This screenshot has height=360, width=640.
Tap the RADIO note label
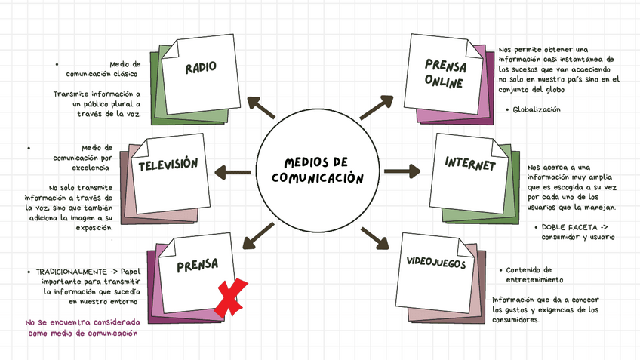[x=201, y=67]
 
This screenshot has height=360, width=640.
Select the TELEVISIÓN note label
[x=168, y=165]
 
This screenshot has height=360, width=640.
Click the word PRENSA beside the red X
[x=197, y=265]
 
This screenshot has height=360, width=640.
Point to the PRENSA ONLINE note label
[x=445, y=73]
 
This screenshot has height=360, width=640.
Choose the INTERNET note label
[x=469, y=164]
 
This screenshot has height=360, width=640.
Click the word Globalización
[x=537, y=109]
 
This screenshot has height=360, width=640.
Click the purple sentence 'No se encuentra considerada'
[x=82, y=322]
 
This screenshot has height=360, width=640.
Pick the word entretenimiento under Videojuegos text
[x=529, y=280]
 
